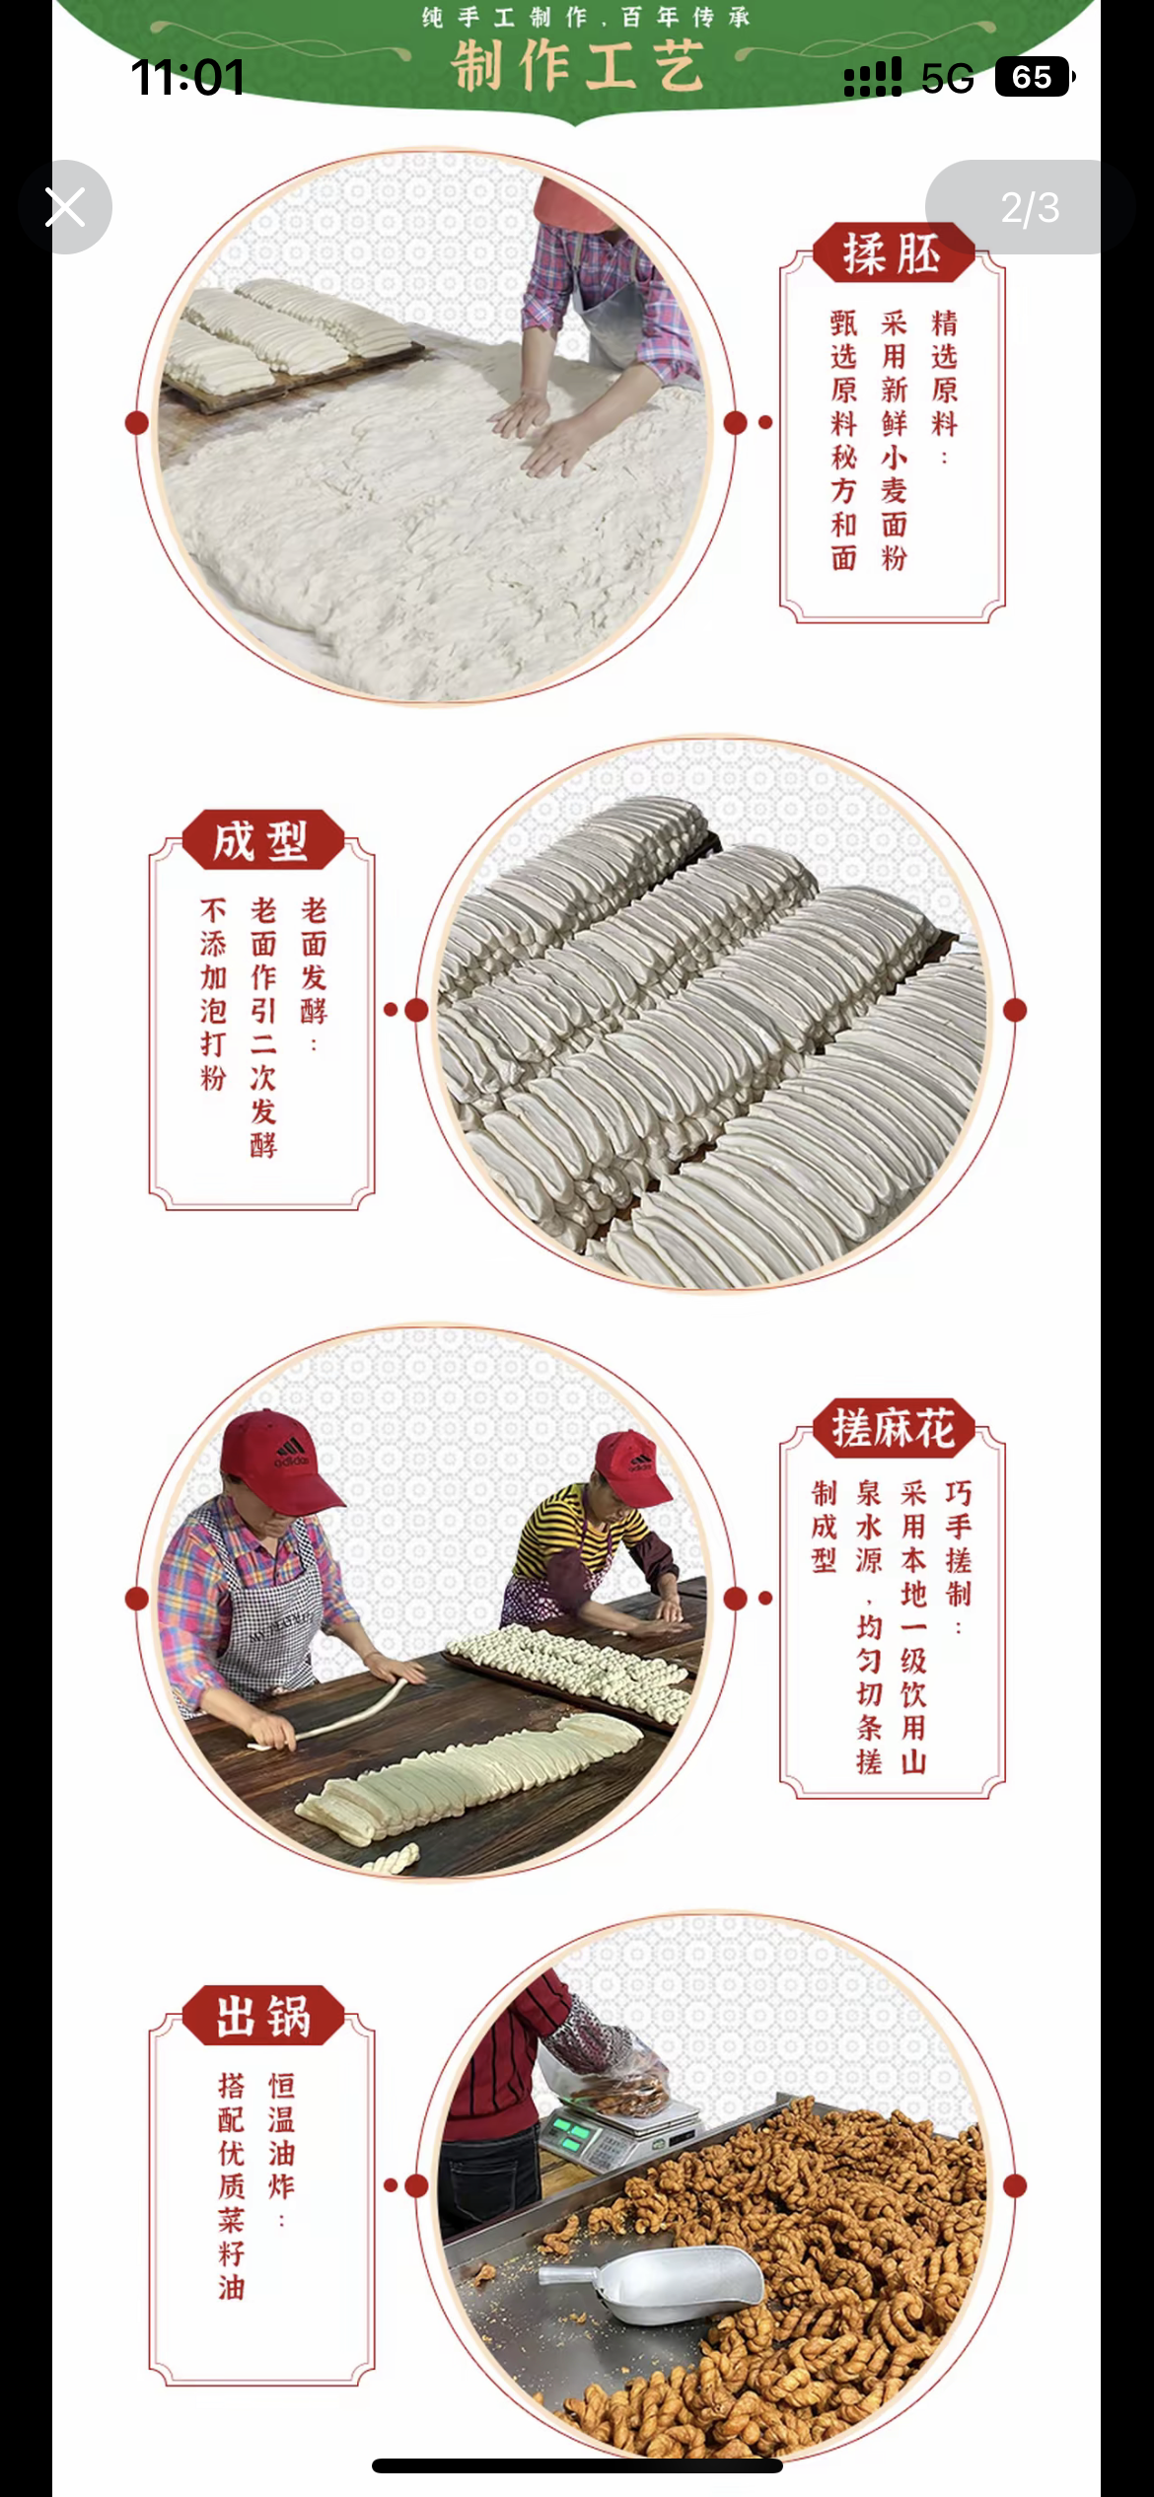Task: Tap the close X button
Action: coord(65,207)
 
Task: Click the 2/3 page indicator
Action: coord(1030,207)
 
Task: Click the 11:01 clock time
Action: coord(187,77)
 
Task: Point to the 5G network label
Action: coord(947,78)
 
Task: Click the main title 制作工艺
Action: coord(578,66)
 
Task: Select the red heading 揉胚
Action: coord(893,253)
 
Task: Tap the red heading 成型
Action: coord(262,840)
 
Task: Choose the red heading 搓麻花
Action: coord(894,1428)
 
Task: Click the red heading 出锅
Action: coord(263,2016)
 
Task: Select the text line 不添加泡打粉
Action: coord(213,994)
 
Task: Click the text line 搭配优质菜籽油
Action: coord(232,2186)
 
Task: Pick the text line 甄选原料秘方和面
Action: coord(844,441)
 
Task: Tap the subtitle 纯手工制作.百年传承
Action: coord(586,17)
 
